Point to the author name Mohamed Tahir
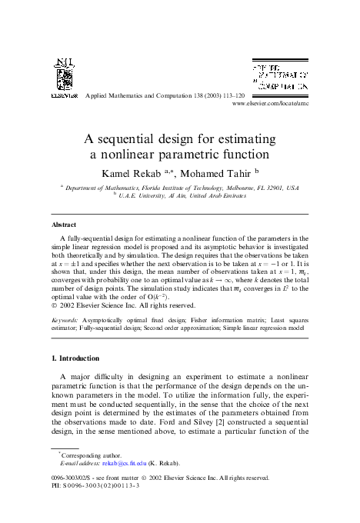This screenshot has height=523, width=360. (x=217, y=172)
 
